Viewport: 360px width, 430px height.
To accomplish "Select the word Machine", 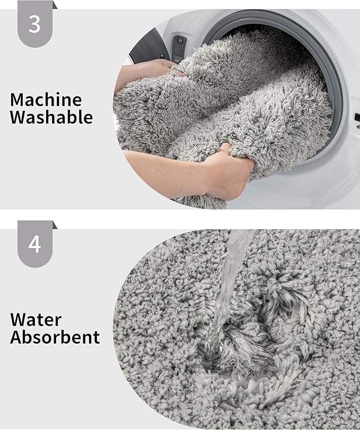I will tap(46, 99).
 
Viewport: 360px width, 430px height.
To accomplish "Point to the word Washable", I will tap(51, 117).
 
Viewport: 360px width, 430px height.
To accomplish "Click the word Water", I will tap(36, 320).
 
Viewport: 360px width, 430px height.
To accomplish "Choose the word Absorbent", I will tap(55, 337).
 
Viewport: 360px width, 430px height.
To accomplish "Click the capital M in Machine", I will tap(17, 99).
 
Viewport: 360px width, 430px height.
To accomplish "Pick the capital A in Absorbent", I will tap(16, 337).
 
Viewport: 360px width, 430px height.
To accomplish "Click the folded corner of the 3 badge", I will tap(54, 5).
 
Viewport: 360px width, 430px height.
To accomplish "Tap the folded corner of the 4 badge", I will tap(54, 225).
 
